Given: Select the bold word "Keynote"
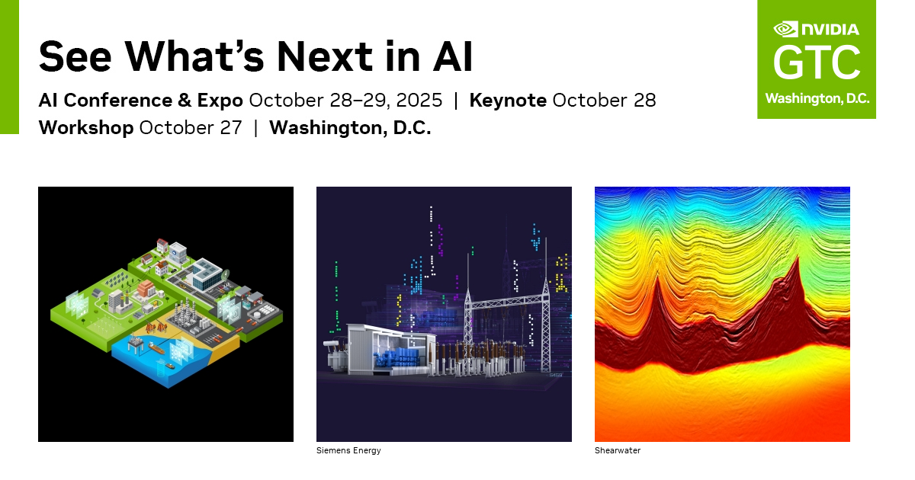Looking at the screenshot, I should tap(508, 100).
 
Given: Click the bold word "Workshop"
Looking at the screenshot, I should tap(86, 127).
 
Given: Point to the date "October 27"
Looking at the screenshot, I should tap(191, 127).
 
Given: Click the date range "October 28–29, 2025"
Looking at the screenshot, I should tap(345, 100).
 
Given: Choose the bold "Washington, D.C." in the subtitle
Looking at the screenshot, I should tap(350, 127).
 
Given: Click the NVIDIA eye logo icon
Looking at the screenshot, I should tap(785, 29).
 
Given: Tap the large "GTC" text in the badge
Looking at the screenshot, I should tap(817, 63).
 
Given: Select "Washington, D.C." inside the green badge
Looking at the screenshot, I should tap(817, 99).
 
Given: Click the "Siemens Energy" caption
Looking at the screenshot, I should tap(348, 451).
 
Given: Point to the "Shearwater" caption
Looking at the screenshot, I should tap(618, 451).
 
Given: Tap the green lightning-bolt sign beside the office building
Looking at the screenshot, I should tap(226, 274).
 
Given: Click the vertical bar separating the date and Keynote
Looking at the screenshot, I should tap(456, 100).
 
